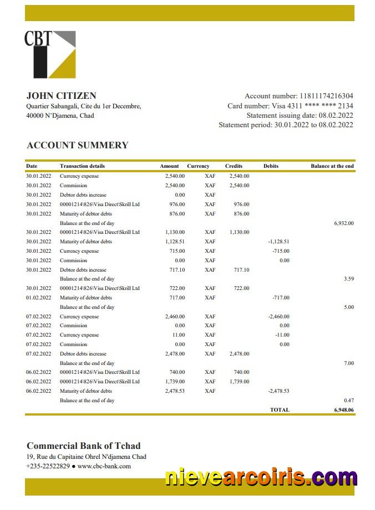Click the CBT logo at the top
[49, 54]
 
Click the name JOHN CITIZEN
[61, 96]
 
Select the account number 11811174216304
[326, 96]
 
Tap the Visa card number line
[290, 106]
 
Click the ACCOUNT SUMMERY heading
[77, 145]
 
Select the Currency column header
[198, 166]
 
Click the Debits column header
[271, 166]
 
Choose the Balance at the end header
[332, 166]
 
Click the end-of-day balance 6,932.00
[343, 223]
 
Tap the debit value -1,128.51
[278, 242]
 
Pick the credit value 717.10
[241, 269]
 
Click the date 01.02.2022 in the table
[38, 298]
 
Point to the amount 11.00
[178, 335]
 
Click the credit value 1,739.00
[239, 382]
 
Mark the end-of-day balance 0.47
[348, 400]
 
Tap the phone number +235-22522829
[48, 466]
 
